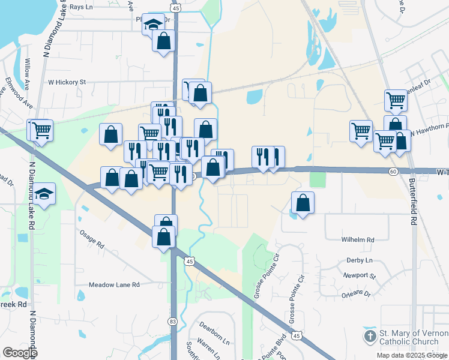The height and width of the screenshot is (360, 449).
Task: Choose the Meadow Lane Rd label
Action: (x=114, y=284)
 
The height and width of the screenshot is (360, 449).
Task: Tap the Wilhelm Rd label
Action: (x=358, y=239)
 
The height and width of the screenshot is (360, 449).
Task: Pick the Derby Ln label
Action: (x=360, y=260)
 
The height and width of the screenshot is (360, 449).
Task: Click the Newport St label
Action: (x=359, y=276)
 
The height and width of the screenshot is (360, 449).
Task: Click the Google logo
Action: (x=20, y=352)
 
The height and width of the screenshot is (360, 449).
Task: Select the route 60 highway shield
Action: (x=393, y=172)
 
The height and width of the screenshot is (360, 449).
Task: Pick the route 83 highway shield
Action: (x=173, y=322)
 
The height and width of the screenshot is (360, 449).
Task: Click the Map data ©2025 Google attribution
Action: (x=411, y=356)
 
